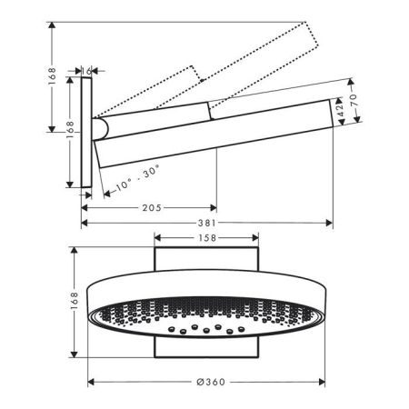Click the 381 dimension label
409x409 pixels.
point(207,224)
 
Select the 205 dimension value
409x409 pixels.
point(152,208)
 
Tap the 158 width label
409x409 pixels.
point(207,238)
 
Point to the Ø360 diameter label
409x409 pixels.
point(211,382)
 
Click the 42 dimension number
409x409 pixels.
point(341,110)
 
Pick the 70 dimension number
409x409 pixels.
point(354,100)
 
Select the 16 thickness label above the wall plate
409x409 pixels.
point(86,71)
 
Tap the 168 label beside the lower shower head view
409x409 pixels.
point(74,301)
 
